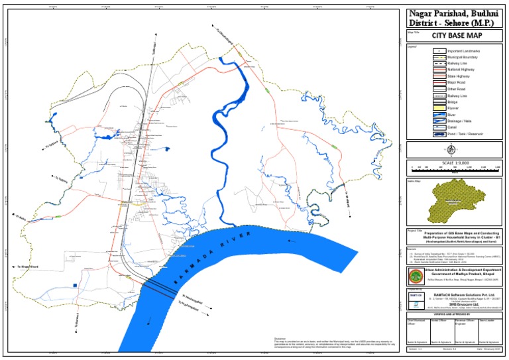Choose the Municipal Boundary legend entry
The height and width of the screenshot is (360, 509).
[463, 57]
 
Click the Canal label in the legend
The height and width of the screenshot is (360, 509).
[453, 127]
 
